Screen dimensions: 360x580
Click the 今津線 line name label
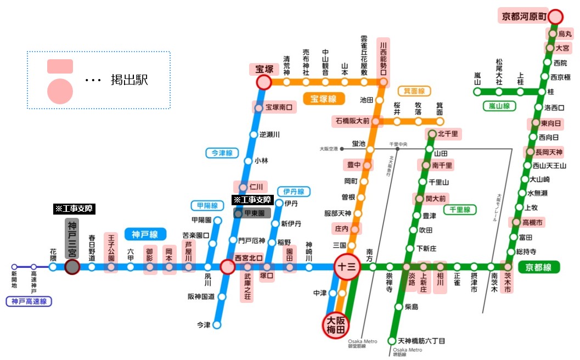point(221,153)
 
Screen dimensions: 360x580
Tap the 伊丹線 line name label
point(294,192)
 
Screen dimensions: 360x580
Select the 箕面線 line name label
point(414,91)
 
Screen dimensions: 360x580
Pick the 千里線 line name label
point(459,210)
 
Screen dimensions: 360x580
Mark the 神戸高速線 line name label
point(29,301)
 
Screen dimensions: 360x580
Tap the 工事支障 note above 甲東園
point(251,200)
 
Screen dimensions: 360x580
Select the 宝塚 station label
point(264,69)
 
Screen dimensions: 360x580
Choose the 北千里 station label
point(447,133)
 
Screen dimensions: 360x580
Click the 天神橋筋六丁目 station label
point(421,341)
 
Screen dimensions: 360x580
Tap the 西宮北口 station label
point(249,257)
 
